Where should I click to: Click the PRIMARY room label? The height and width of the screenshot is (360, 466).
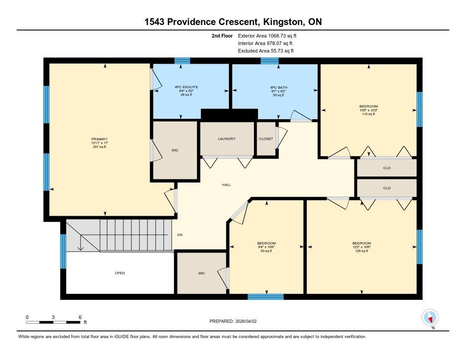click(x=99, y=139)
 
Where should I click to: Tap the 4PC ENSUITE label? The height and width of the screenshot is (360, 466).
click(x=186, y=87)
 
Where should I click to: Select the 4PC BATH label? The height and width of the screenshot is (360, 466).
click(x=279, y=87)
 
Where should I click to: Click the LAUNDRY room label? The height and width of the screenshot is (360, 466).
click(x=227, y=139)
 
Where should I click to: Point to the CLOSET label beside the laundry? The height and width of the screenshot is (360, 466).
click(x=266, y=139)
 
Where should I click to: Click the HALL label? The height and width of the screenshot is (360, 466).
click(x=227, y=185)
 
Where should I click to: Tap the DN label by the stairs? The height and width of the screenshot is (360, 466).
click(x=180, y=235)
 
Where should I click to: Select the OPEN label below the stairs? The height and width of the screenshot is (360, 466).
click(x=120, y=273)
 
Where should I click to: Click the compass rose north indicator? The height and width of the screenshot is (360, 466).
click(x=430, y=318)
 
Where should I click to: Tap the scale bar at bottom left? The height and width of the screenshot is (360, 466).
click(x=53, y=322)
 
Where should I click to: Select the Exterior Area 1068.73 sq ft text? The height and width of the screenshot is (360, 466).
click(x=267, y=36)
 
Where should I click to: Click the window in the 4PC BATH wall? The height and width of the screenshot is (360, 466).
click(x=269, y=61)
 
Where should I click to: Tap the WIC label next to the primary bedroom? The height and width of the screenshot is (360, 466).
click(x=175, y=151)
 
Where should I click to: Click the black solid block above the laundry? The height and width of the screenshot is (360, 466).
click(x=229, y=115)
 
